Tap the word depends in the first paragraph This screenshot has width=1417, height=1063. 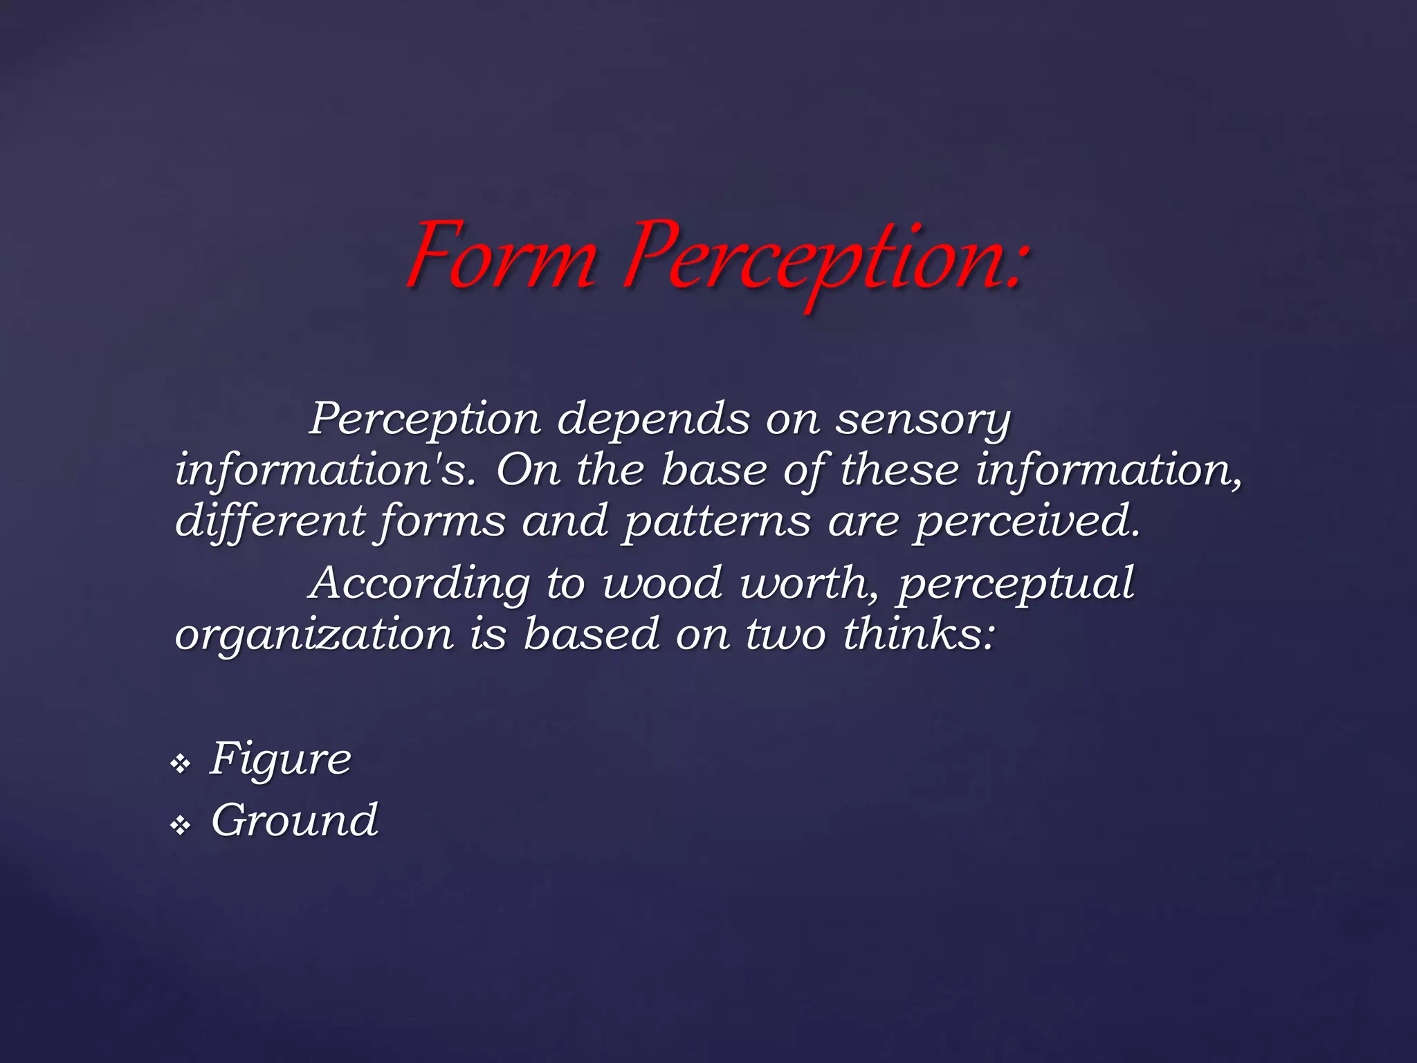[653, 419]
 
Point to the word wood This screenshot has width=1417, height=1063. [663, 583]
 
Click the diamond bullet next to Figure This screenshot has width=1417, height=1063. [181, 765]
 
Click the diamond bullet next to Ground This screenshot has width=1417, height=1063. [181, 825]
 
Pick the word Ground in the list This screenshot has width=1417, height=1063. [294, 821]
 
